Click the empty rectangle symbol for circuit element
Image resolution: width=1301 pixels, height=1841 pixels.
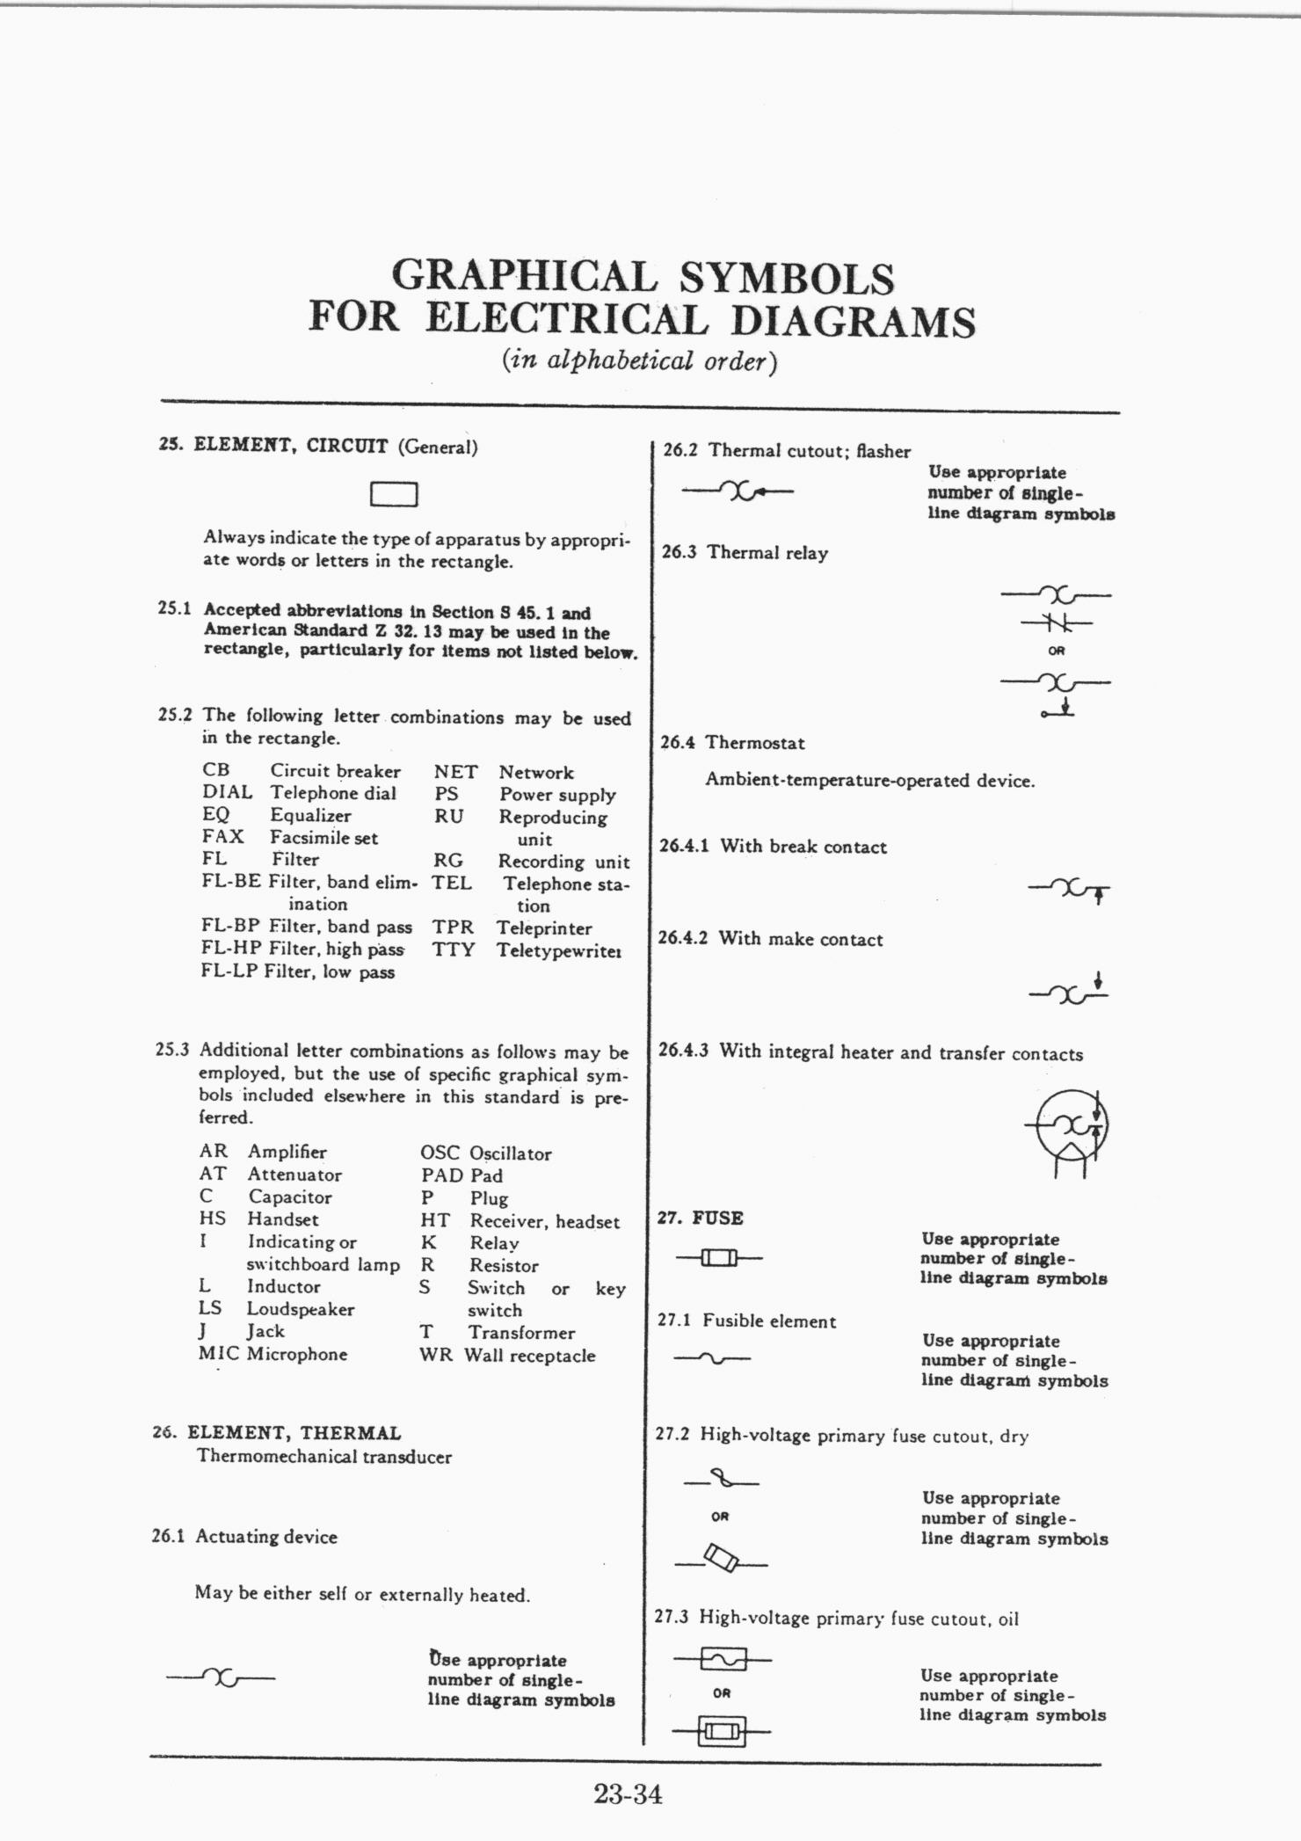(393, 495)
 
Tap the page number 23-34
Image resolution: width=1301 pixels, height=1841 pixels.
(627, 1793)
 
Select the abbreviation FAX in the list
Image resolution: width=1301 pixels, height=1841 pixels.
(222, 837)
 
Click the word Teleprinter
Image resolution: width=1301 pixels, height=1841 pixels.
(544, 928)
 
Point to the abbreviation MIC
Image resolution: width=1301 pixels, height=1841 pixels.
(219, 1354)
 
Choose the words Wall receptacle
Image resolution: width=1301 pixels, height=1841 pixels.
(529, 1356)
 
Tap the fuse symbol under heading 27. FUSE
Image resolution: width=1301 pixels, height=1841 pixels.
(718, 1259)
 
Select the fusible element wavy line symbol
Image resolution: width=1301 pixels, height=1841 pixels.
(712, 1360)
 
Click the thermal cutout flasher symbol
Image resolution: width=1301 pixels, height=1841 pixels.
(738, 491)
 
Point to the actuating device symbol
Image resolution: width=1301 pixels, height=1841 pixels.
(221, 1677)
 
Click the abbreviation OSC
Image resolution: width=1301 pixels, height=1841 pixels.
(440, 1153)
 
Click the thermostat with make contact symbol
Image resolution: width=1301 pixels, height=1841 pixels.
(1069, 992)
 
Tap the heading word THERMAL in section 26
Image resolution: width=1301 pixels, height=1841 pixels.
(350, 1433)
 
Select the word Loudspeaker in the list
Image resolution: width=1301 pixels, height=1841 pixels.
(300, 1309)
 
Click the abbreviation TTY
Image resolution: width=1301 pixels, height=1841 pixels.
(453, 950)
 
